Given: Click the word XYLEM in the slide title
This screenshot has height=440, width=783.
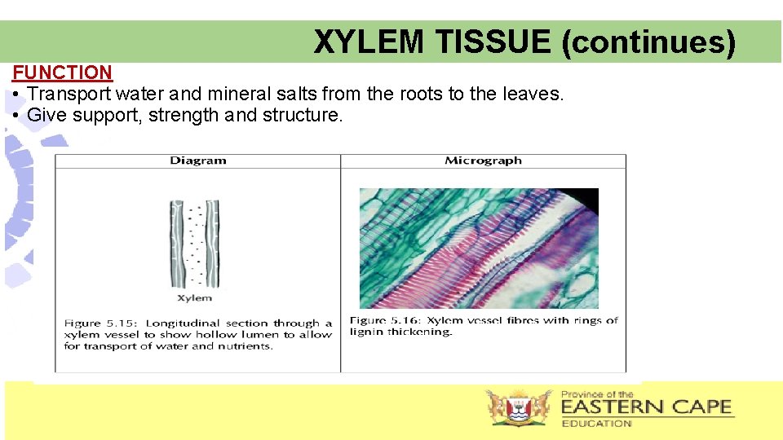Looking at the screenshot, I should coord(368,42).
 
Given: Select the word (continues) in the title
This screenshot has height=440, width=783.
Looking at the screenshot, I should coord(648,42).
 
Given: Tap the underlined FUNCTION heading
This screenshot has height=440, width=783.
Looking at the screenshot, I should coord(62,73).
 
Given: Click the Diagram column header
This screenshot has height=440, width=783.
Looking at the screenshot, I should coord(197,161).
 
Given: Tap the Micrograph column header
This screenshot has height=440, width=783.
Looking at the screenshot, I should coord(483,161).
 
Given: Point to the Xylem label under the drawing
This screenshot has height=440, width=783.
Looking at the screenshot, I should coord(194,298).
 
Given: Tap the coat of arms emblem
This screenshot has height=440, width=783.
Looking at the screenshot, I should coord(517,407).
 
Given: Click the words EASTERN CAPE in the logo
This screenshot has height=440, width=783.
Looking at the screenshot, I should coord(646,407).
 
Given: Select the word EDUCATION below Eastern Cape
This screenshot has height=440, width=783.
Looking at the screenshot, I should coord(596,423).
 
